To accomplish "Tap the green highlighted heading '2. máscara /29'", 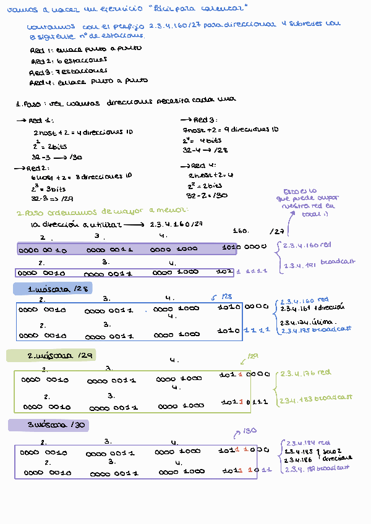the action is point(51,356).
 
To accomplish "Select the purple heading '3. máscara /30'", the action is point(48,425).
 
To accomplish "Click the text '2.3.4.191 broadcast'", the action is point(319,262).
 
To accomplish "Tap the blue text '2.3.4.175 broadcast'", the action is point(315,329).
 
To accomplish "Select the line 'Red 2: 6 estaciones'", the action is point(69,61).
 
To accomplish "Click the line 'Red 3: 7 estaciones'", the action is point(67,72).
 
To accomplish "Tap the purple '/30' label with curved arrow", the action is point(247,431).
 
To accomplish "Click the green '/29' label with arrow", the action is point(252,357).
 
